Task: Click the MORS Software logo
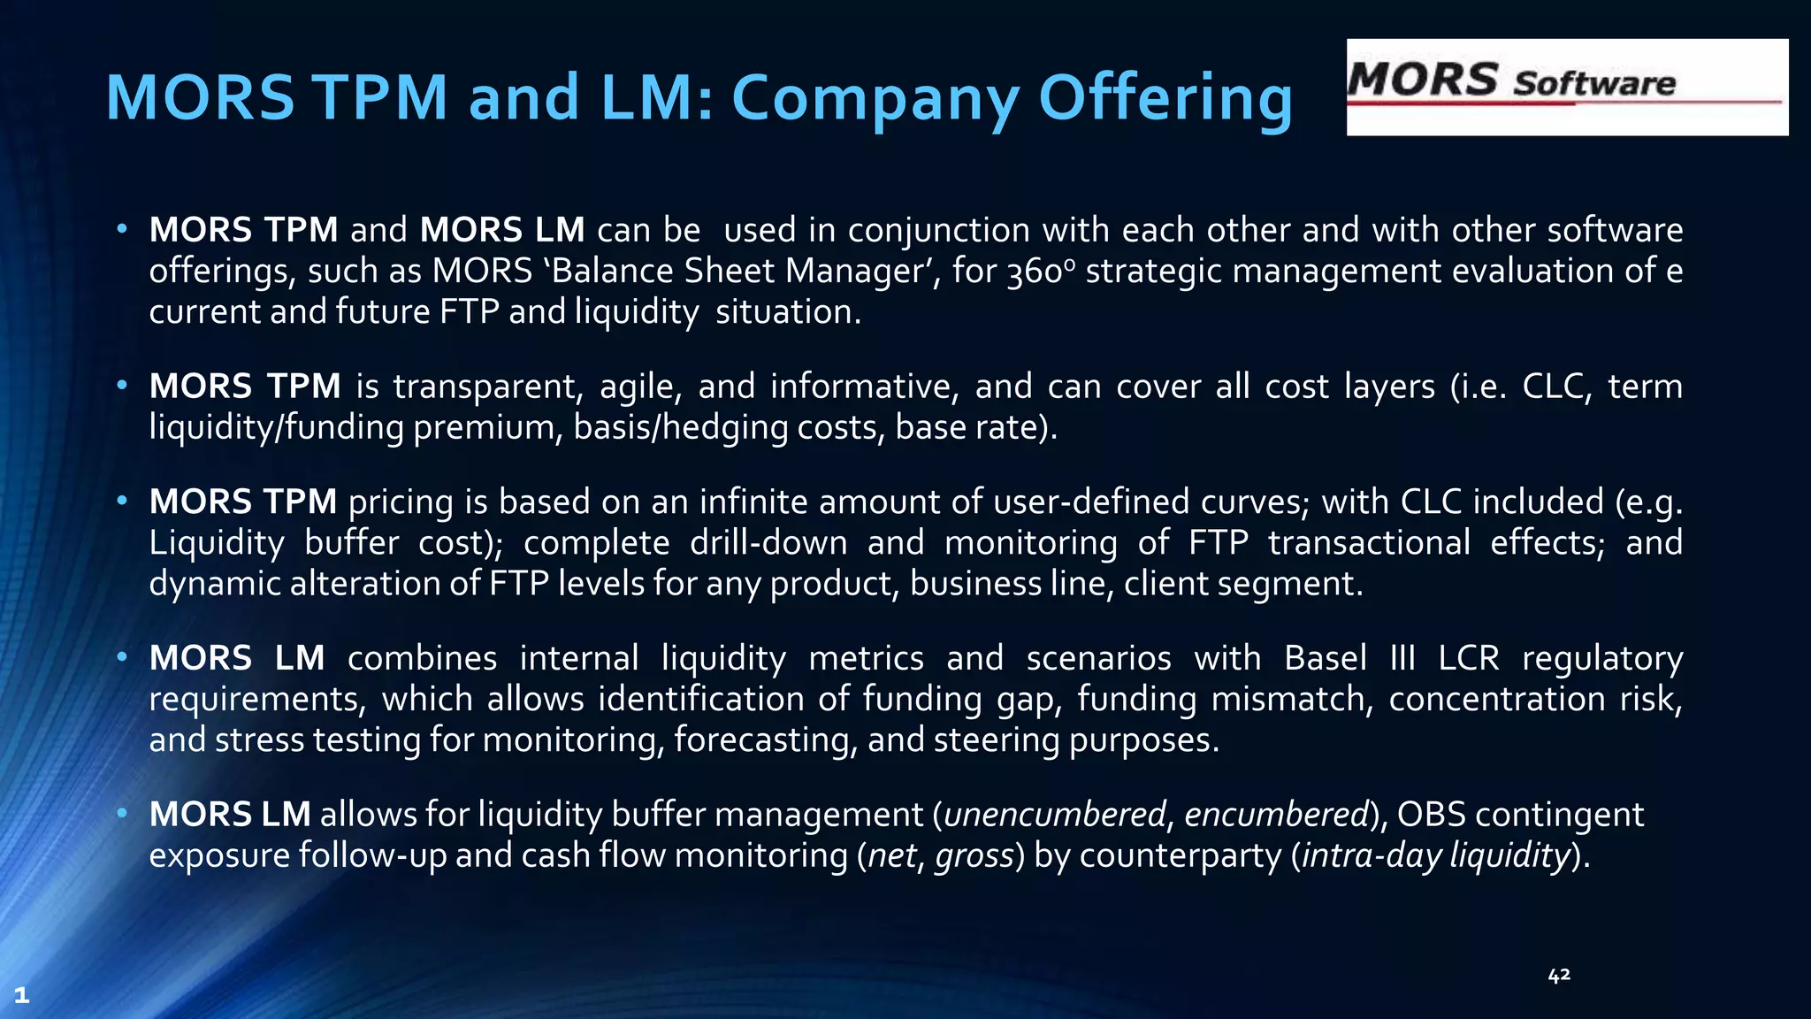pos(1566,87)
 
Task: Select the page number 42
pos(1559,975)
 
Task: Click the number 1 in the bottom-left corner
pos(22,995)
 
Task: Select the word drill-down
pos(768,543)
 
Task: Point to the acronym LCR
pos(1469,659)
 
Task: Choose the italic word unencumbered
pos(1054,815)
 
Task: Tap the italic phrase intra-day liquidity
pos(1434,856)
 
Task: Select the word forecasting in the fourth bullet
pos(765,740)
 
